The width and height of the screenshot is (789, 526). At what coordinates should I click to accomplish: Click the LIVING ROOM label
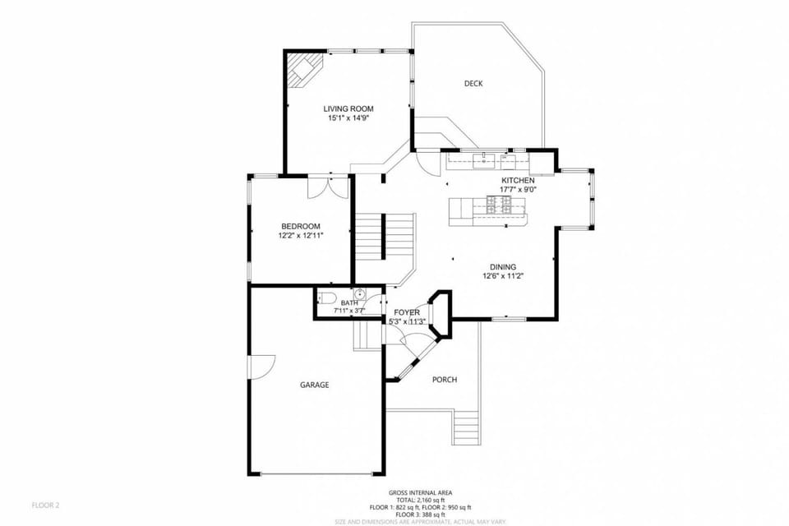348,108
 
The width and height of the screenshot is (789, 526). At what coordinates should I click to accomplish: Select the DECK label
473,84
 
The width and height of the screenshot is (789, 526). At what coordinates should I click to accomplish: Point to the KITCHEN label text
518,180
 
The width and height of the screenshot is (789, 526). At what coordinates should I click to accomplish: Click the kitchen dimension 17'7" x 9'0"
518,189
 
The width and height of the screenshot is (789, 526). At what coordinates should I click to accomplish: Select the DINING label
503,267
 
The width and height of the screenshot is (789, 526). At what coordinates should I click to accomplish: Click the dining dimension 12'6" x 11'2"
503,276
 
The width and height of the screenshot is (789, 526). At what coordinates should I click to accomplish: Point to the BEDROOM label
301,226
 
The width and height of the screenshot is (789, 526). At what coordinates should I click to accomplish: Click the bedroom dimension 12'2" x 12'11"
301,235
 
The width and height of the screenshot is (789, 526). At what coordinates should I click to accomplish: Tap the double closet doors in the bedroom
328,187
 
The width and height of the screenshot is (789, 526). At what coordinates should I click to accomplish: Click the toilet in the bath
327,298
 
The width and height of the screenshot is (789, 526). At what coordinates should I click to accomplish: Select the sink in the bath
359,294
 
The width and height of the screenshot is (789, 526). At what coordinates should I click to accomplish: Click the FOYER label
407,312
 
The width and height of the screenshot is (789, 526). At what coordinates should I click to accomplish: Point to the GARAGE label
314,384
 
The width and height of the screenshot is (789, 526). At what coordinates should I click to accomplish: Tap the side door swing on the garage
261,367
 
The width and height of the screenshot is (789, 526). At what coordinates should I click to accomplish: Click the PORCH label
445,379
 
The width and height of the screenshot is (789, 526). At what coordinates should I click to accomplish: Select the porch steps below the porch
466,427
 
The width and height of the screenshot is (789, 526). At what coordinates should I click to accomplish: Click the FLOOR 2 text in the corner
46,504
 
